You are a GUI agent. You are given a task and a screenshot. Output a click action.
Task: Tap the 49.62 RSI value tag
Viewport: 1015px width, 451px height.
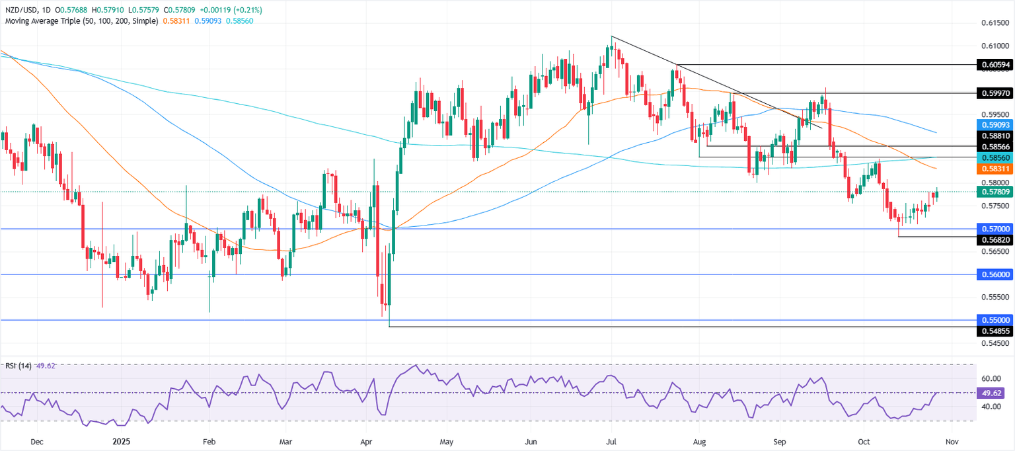[x=994, y=393]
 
